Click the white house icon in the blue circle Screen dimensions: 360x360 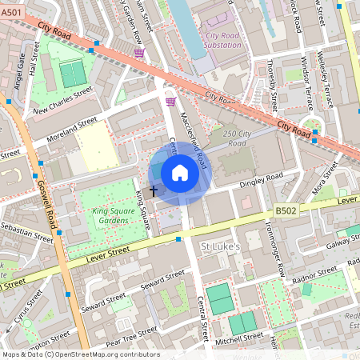point(180,173)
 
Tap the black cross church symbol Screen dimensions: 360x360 point(153,191)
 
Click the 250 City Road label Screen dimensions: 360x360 point(239,138)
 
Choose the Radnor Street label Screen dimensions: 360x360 point(315,274)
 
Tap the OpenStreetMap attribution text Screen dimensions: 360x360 point(80,354)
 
